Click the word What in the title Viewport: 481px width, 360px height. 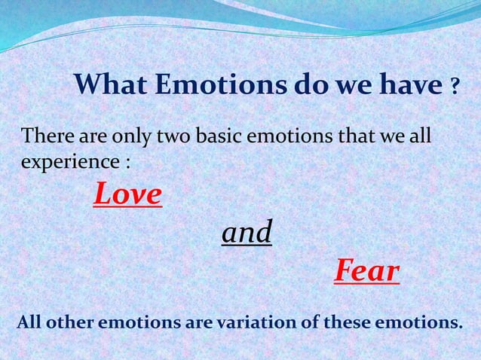(x=112, y=87)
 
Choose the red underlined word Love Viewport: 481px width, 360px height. (x=127, y=195)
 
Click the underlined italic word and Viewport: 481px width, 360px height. (x=247, y=233)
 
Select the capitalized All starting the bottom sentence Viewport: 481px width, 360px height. (x=29, y=323)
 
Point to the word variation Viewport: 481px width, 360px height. (x=253, y=323)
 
